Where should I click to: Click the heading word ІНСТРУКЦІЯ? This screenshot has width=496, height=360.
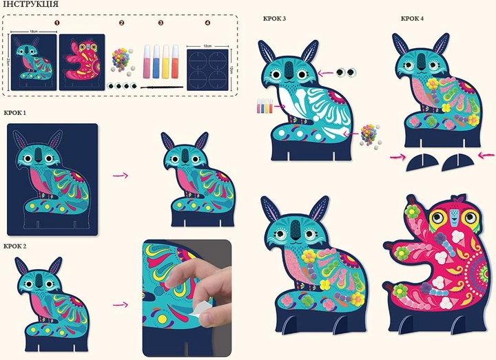click(x=30, y=4)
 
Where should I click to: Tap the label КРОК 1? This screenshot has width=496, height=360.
click(x=15, y=113)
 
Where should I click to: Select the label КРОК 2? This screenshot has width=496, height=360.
click(x=15, y=246)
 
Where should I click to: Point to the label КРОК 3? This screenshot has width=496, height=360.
click(x=274, y=19)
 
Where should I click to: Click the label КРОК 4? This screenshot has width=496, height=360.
click(x=412, y=19)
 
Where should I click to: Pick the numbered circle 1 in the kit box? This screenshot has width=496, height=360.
click(x=57, y=23)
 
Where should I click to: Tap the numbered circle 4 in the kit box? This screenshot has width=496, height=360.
click(x=207, y=23)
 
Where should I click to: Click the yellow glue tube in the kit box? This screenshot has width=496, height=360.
click(x=166, y=62)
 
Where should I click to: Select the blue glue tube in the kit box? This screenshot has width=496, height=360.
click(x=156, y=62)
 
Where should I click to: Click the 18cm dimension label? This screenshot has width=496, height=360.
click(x=34, y=32)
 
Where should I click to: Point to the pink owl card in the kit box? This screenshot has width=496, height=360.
click(x=82, y=62)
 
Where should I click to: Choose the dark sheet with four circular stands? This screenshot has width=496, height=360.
click(x=207, y=70)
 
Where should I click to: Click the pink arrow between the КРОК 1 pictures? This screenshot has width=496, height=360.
click(x=121, y=175)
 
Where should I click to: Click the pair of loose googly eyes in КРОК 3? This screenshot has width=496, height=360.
click(x=346, y=73)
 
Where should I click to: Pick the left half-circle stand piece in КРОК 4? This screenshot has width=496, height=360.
click(x=422, y=162)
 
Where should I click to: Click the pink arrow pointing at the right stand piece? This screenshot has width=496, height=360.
click(x=486, y=155)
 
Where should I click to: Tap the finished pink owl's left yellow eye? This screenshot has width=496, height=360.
click(x=437, y=217)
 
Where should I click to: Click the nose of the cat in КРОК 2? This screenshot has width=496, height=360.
click(x=39, y=280)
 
